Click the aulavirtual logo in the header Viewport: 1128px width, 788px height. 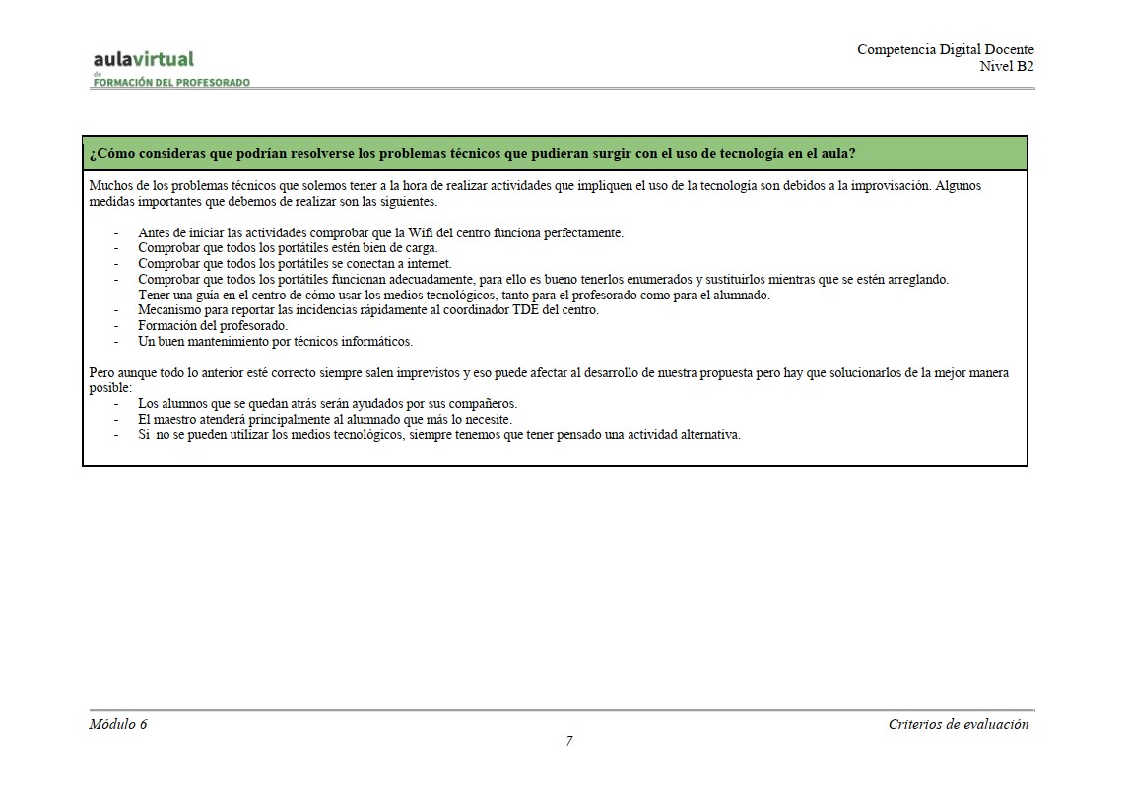click(x=144, y=59)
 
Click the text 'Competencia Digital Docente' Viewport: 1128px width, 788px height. click(x=945, y=50)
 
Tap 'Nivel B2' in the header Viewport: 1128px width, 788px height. click(x=1006, y=66)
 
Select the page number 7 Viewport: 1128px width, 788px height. click(x=568, y=742)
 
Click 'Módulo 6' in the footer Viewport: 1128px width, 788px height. click(x=118, y=724)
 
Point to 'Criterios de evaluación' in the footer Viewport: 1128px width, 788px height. click(x=958, y=724)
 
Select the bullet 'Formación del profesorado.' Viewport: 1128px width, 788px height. click(x=213, y=326)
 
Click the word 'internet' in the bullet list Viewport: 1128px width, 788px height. click(x=427, y=264)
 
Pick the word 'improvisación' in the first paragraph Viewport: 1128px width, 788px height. click(x=885, y=185)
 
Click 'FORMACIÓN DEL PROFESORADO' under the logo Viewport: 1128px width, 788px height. click(x=171, y=83)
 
